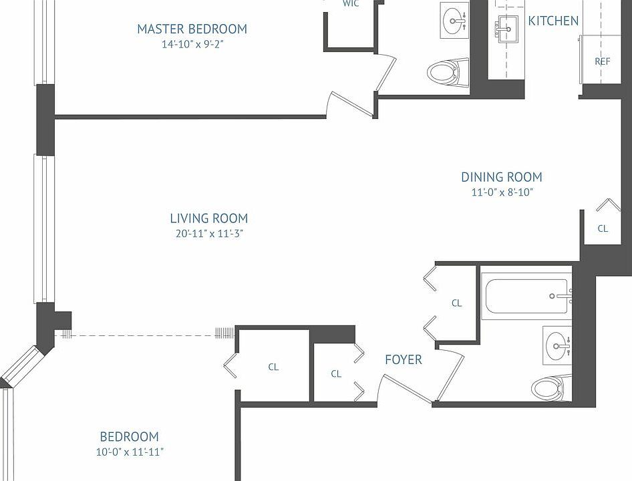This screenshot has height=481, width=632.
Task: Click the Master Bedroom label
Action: [x=192, y=29]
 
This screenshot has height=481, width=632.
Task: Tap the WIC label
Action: [x=351, y=4]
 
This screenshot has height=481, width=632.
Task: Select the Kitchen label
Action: [x=553, y=21]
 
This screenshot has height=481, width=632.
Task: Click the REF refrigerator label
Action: [x=602, y=61]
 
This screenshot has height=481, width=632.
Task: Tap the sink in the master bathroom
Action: [x=457, y=21]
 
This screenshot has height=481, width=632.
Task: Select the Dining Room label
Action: [x=501, y=177]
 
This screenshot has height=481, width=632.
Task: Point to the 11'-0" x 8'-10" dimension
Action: [x=502, y=193]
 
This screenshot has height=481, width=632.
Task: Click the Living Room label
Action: [x=208, y=218]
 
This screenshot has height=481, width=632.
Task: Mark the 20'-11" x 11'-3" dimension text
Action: [x=208, y=234]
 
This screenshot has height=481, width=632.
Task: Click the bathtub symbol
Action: [x=528, y=296]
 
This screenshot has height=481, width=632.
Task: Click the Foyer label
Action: [x=404, y=359]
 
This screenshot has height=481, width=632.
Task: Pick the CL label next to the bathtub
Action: [x=456, y=303]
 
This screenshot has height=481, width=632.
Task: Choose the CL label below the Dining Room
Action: [x=603, y=228]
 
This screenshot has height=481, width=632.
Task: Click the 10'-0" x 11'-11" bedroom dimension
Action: [x=130, y=452]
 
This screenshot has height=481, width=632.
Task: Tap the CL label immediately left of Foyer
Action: [x=336, y=374]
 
